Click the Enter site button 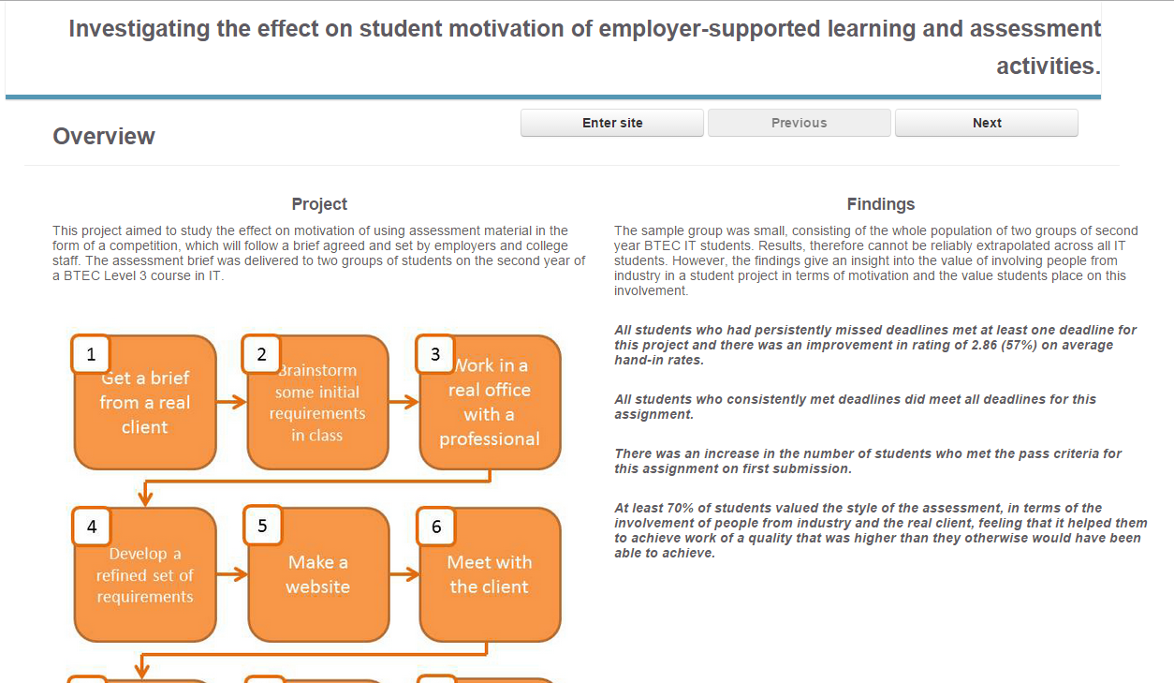(611, 123)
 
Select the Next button (987, 123)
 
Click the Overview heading (104, 137)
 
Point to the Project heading (319, 204)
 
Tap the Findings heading (880, 204)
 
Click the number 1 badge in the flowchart (91, 354)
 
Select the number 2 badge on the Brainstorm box (261, 354)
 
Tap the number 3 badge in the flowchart (435, 354)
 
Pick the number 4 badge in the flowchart (92, 527)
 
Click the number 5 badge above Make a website (262, 525)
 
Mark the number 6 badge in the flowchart (436, 527)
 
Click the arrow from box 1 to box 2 (231, 402)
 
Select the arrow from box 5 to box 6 (404, 574)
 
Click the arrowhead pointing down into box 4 (146, 498)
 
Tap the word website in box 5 (317, 586)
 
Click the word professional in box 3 (490, 438)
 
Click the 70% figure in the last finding (681, 508)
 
